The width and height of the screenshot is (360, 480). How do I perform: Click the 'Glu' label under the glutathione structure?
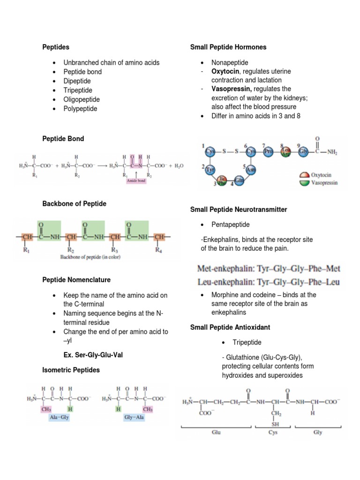(x=216, y=433)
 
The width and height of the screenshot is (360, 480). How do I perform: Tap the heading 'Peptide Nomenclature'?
(x=76, y=280)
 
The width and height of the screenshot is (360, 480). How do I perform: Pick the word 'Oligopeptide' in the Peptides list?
(x=82, y=99)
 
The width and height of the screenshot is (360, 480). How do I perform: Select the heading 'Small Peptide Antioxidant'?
(x=230, y=327)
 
